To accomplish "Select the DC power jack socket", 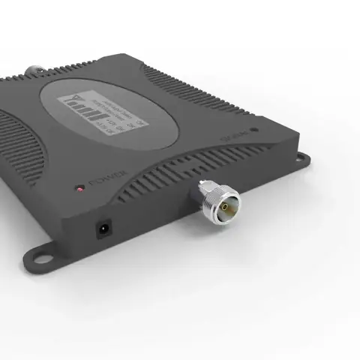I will (x=103, y=229).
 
